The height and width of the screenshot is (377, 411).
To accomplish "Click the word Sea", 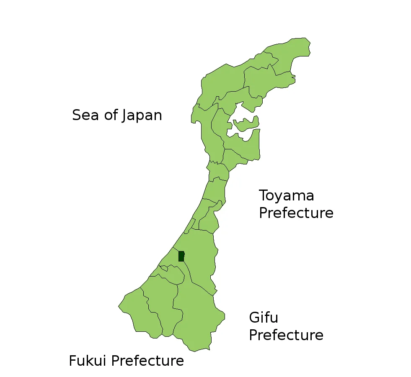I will tap(86, 115).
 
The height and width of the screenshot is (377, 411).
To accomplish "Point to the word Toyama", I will tap(286, 196).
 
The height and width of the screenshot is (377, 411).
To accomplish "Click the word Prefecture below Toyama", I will tap(296, 213).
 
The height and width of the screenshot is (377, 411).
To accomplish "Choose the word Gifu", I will tap(264, 318).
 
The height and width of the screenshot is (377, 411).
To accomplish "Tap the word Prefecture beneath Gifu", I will tap(286, 335).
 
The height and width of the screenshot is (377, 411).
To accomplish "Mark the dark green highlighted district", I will tap(181, 256).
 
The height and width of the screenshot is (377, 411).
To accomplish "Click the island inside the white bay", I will tap(246, 123).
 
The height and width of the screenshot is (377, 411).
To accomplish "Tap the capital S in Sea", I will tap(77, 115).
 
